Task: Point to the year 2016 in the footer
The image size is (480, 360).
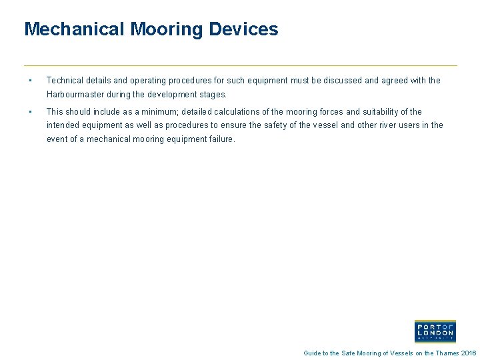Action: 469,353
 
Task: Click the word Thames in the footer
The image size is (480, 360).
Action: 447,353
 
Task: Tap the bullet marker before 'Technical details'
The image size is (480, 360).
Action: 31,81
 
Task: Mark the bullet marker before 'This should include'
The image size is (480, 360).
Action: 31,112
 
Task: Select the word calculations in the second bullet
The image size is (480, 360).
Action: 243,112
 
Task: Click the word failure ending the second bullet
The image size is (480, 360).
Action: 221,139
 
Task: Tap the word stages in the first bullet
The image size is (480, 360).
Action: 213,95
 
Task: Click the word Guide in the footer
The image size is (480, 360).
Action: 312,353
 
